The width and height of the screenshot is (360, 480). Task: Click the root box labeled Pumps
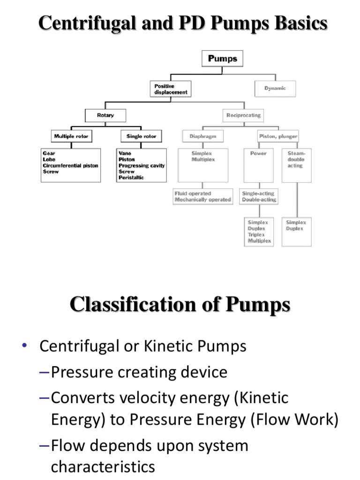(223, 59)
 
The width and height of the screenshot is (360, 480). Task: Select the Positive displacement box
(171, 89)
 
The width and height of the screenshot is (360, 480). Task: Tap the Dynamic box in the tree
(275, 88)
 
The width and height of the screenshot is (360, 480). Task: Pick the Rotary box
(105, 115)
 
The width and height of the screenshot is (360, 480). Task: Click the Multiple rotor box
(71, 136)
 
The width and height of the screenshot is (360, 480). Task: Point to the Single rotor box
(141, 136)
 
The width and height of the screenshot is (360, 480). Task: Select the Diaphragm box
(203, 136)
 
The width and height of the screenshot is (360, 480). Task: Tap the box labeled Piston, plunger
(278, 136)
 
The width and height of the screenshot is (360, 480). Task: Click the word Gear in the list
(49, 153)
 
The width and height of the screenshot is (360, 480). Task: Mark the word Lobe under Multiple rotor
(49, 159)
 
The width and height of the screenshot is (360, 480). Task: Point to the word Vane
(125, 153)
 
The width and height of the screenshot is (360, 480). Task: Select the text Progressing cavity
(142, 165)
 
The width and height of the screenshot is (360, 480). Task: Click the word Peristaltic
(131, 178)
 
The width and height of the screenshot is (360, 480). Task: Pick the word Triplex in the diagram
(256, 234)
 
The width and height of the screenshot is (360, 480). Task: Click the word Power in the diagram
(258, 153)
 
